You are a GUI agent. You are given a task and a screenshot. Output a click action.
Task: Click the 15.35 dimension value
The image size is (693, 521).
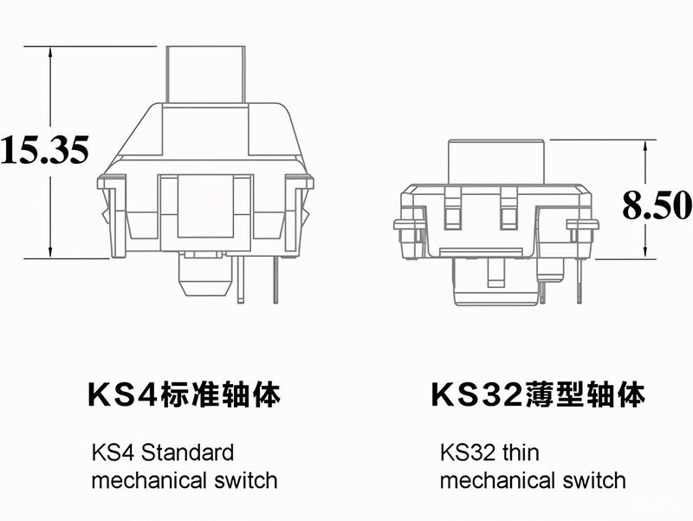click(45, 149)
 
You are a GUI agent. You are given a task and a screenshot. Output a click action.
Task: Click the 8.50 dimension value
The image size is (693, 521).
click(657, 205)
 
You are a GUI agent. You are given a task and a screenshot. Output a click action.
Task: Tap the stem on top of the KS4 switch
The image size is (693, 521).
click(205, 75)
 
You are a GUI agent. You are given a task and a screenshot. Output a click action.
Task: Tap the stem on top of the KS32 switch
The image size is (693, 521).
click(495, 161)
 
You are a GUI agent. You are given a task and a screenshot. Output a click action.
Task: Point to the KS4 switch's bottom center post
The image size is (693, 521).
click(205, 274)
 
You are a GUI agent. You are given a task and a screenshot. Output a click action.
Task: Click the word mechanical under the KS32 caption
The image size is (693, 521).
click(497, 480)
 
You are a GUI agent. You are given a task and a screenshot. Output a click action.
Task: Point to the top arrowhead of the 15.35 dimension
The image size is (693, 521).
click(50, 51)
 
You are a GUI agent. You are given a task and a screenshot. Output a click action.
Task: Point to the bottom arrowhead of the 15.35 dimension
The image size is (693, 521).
click(50, 252)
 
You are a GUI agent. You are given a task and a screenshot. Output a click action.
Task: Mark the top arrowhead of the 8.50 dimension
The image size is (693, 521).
click(645, 146)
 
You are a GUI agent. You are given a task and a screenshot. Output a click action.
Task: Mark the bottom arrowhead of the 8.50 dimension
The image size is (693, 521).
click(645, 253)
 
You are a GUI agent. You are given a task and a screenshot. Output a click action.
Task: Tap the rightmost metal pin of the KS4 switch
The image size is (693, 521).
click(275, 279)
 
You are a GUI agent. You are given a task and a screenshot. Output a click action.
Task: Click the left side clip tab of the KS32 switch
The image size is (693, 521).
click(410, 225)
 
